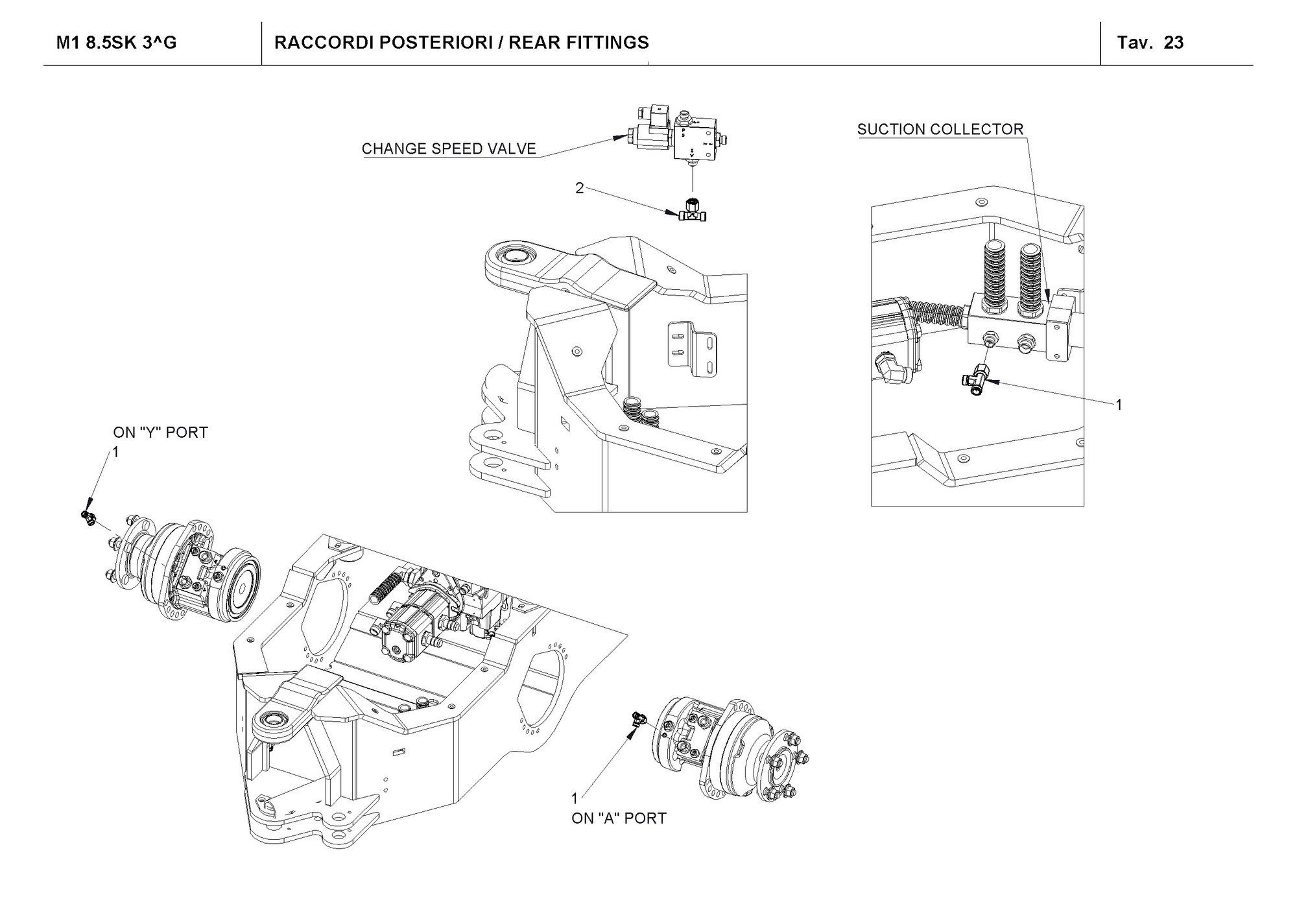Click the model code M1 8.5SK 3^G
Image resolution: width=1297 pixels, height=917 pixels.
point(117,43)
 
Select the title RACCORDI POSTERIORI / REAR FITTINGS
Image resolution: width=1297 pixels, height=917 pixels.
point(462,43)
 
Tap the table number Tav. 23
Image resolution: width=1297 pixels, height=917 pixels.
point(1150,43)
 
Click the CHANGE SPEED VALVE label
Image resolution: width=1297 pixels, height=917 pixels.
point(449,149)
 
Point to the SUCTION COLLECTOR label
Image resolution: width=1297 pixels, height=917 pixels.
point(940,129)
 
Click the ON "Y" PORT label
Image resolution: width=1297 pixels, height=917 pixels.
point(161,432)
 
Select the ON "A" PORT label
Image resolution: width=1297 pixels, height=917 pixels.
point(619,818)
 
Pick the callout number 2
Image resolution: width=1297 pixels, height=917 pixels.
point(580,188)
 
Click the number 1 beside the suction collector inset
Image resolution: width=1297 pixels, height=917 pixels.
point(1119,405)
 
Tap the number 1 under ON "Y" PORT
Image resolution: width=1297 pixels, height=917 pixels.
point(117,453)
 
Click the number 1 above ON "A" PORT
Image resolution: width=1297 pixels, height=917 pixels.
point(574,798)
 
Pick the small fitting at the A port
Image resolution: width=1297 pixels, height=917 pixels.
point(637,719)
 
